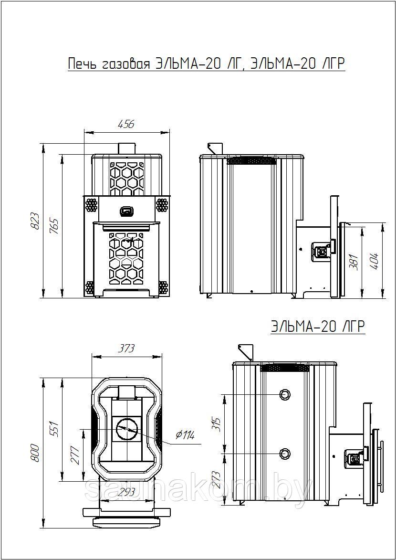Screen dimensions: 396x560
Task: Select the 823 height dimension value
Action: [x=36, y=222]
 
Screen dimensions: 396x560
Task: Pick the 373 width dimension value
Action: [x=127, y=348]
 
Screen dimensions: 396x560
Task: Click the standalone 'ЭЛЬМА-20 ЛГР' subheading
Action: [x=318, y=327]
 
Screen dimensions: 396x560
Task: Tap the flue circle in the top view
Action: [x=126, y=428]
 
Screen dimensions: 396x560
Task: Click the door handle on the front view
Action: [x=126, y=211]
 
